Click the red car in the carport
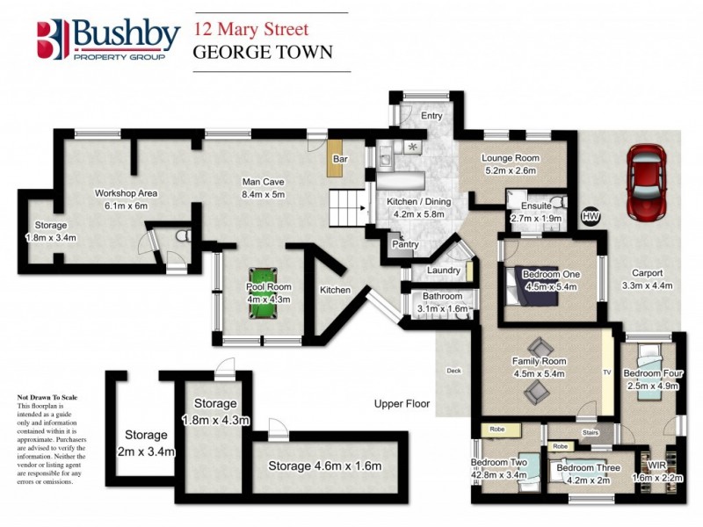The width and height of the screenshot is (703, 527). pos(648,182)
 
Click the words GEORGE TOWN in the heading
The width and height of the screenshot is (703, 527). pos(263,52)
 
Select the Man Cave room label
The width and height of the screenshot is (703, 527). pos(264,188)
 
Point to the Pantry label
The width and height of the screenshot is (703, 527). pos(405,244)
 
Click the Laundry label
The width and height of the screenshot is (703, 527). pos(444,271)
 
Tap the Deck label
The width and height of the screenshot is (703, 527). pos(453,370)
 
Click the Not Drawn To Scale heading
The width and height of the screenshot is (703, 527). pos(47,398)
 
